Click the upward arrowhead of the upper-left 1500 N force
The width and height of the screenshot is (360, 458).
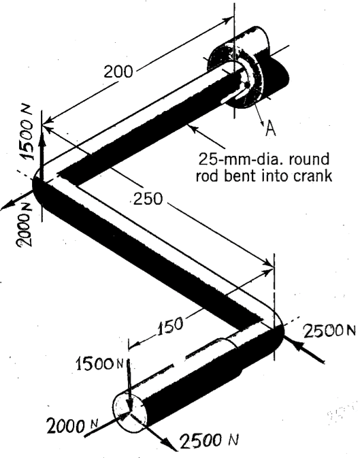(42, 131)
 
